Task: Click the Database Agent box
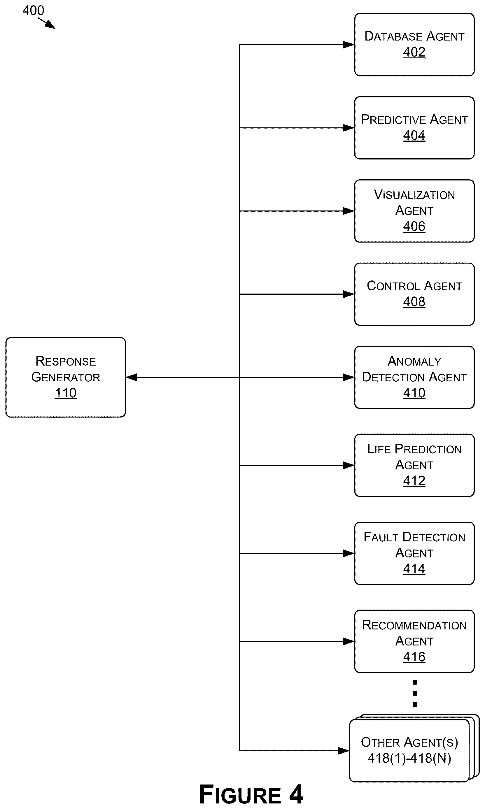pyautogui.click(x=414, y=45)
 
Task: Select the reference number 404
pyautogui.click(x=414, y=135)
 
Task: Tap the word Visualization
pyautogui.click(x=414, y=195)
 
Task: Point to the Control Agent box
pyautogui.click(x=414, y=294)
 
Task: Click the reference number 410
pyautogui.click(x=414, y=393)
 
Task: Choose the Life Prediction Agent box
pyautogui.click(x=414, y=465)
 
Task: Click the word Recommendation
pyautogui.click(x=414, y=625)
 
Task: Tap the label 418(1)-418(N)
pyautogui.click(x=409, y=758)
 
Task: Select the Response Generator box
pyautogui.click(x=66, y=377)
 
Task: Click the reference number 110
pyautogui.click(x=66, y=393)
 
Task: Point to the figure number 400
pyautogui.click(x=33, y=10)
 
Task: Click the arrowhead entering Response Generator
pyautogui.click(x=131, y=377)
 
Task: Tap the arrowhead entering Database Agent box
pyautogui.click(x=349, y=45)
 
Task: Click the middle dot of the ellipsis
pyautogui.click(x=415, y=693)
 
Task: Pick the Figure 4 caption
pyautogui.click(x=251, y=794)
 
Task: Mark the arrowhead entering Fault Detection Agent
pyautogui.click(x=349, y=553)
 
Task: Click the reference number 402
pyautogui.click(x=414, y=52)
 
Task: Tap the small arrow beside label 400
pyautogui.click(x=47, y=23)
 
